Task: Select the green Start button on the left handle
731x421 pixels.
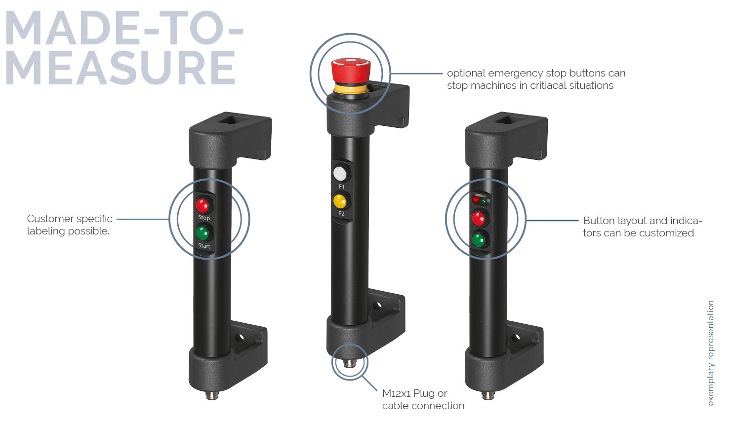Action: (x=203, y=232)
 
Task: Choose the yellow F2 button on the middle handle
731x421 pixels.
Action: (x=340, y=201)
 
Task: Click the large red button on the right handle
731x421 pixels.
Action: (x=478, y=218)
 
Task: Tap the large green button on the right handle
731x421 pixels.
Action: (x=478, y=240)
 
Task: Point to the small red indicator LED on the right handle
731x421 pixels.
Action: (x=476, y=200)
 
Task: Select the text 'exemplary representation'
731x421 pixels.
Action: (x=711, y=353)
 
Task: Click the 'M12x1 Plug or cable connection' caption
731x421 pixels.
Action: (x=423, y=399)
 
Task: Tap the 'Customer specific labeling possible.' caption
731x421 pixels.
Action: (x=69, y=225)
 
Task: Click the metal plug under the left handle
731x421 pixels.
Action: (x=212, y=395)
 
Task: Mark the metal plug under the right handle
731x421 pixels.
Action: (x=488, y=395)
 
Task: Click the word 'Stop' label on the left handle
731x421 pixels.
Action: (x=204, y=217)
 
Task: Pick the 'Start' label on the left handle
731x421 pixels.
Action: (x=204, y=246)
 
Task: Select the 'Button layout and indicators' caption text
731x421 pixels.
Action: (x=642, y=227)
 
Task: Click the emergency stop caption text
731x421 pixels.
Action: (x=536, y=79)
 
